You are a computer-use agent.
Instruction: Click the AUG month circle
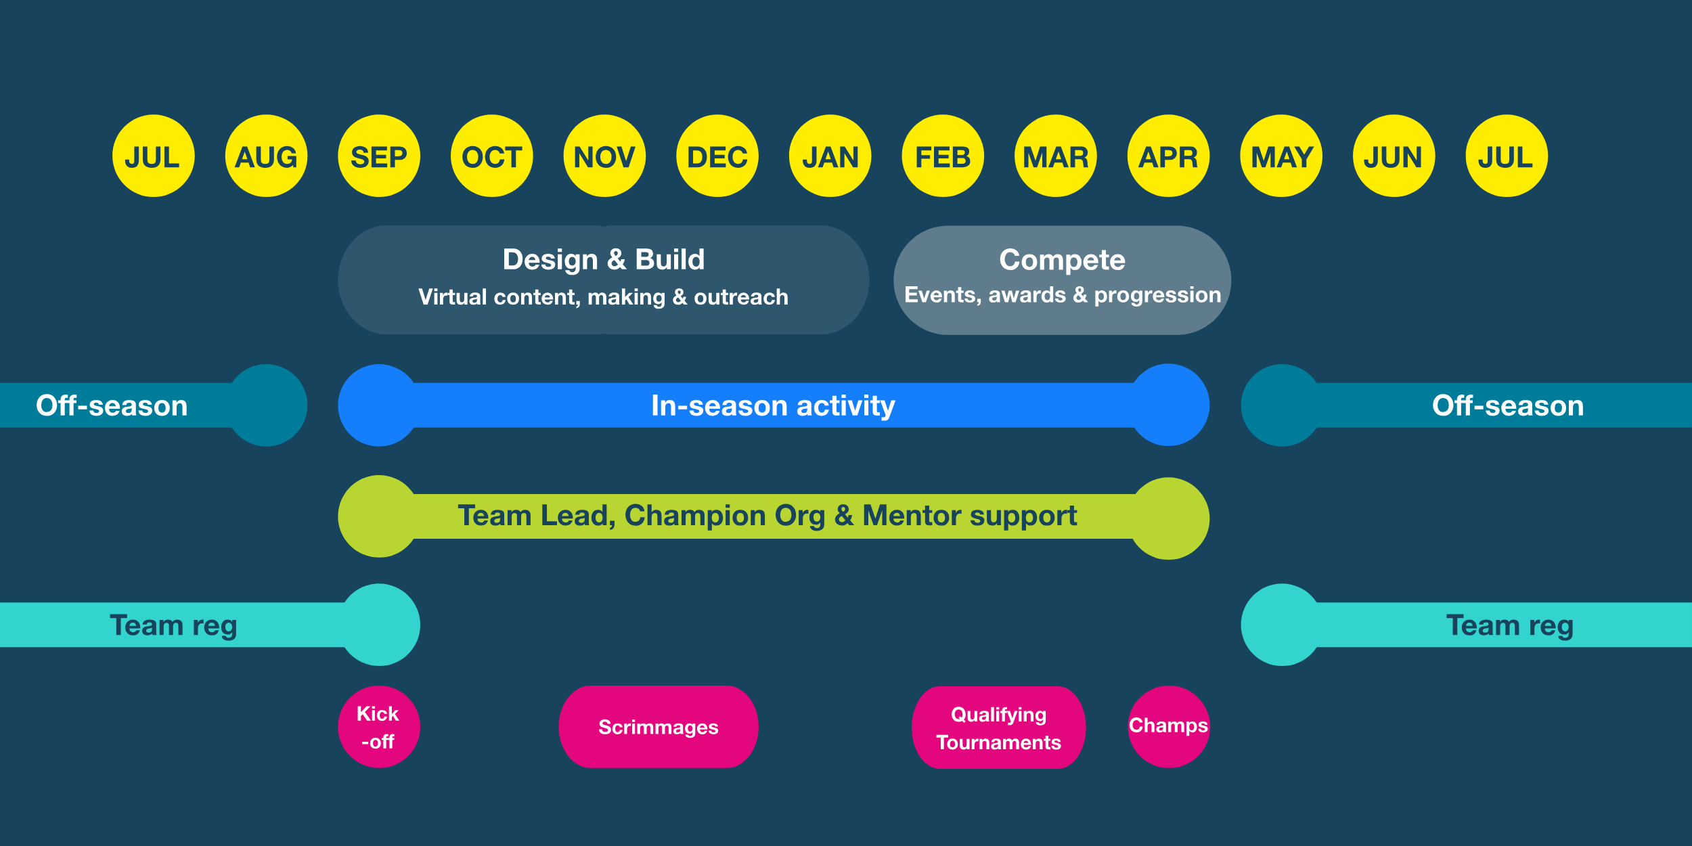[x=266, y=156]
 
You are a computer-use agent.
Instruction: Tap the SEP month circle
[x=379, y=156]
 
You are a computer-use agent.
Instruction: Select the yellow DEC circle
[x=717, y=156]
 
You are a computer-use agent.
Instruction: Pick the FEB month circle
[x=943, y=156]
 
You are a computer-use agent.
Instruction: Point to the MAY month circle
[x=1281, y=156]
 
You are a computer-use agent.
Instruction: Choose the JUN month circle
[x=1394, y=156]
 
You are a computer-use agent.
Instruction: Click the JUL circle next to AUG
[x=153, y=156]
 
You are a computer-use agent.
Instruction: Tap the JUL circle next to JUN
[x=1507, y=156]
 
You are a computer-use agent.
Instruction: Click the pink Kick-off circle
[x=379, y=727]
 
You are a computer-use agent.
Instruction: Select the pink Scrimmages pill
[x=659, y=727]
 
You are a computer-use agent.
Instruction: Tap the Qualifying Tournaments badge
[x=999, y=728]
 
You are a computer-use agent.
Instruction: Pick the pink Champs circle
[x=1169, y=727]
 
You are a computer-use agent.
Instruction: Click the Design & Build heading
[x=604, y=260]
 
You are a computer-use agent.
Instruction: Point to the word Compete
[x=1063, y=260]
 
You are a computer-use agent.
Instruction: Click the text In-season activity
[x=773, y=406]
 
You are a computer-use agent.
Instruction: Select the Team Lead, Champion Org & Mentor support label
[x=767, y=516]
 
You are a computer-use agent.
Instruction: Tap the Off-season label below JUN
[x=1508, y=405]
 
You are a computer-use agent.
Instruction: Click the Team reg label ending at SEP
[x=174, y=625]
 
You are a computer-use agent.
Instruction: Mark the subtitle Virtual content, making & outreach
[x=604, y=297]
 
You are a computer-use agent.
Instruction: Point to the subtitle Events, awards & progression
[x=1063, y=295]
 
